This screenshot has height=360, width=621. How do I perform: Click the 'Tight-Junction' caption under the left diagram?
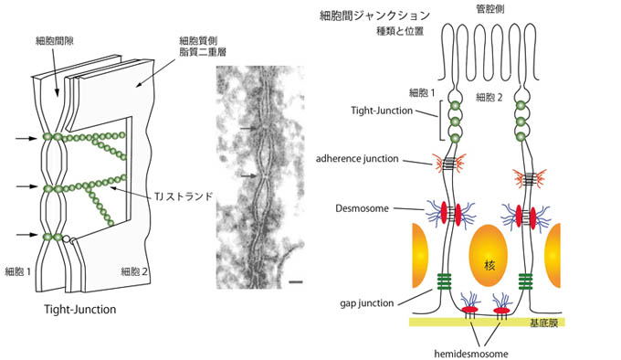(80, 310)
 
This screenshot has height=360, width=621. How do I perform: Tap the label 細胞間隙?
(55, 41)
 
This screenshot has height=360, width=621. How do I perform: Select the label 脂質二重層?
(203, 52)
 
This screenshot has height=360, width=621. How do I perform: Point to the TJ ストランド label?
(184, 196)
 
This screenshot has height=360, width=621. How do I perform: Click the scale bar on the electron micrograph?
(296, 282)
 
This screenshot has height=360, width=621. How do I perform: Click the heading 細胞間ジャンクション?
(374, 16)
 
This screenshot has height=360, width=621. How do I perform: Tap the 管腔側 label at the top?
(489, 9)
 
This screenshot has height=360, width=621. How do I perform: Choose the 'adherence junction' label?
(357, 159)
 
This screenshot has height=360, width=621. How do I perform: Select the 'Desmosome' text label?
(362, 208)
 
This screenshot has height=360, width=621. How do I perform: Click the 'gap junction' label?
(367, 303)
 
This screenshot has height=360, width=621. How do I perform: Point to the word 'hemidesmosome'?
(471, 354)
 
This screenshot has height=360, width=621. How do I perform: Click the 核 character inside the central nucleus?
(489, 264)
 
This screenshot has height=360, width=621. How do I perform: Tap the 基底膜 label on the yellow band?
(543, 323)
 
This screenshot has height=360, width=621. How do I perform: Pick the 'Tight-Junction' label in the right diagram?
(382, 111)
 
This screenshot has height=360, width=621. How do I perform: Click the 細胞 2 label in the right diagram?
(489, 98)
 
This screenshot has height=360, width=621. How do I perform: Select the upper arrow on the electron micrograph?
(248, 128)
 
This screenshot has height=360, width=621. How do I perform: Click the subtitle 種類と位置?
(400, 31)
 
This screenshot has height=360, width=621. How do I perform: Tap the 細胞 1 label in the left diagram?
(18, 271)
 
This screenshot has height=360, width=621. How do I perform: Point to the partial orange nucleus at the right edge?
(553, 256)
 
